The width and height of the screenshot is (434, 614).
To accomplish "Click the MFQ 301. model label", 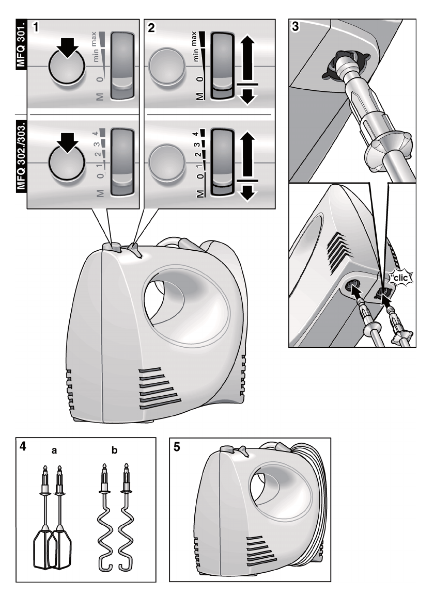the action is click(21, 44).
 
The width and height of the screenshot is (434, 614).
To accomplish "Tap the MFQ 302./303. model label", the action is click(21, 157).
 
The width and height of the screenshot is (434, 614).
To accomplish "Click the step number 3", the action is click(295, 27).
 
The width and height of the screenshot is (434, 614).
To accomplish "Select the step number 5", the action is click(177, 447).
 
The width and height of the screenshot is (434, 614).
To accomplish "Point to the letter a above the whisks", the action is click(54, 450).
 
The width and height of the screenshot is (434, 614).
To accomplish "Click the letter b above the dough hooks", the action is click(114, 450).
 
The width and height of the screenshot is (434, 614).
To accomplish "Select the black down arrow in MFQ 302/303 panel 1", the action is click(68, 143).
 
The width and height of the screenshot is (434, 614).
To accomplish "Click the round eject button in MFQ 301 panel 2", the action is click(166, 66).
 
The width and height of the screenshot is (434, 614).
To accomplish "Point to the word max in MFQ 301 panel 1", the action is click(94, 40).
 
